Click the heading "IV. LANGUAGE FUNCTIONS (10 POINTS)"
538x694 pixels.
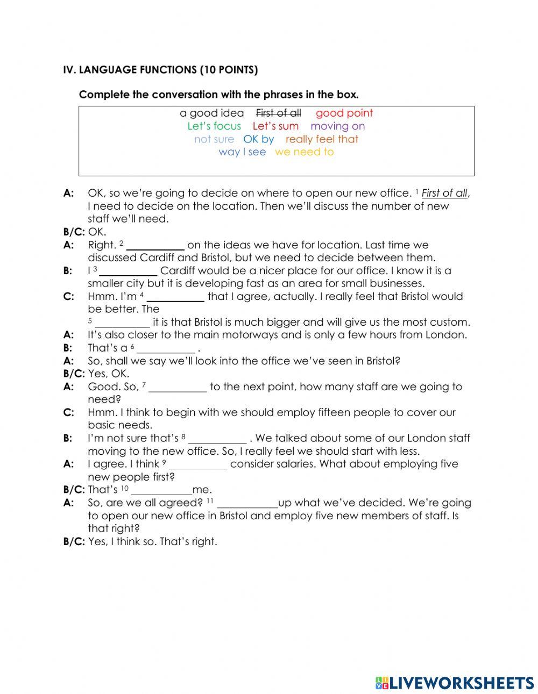point(160,70)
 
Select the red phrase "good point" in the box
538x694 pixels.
point(344,113)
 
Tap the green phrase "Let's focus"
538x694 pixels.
point(214,126)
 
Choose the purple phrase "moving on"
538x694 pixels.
point(337,126)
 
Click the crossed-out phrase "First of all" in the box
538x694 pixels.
point(278,113)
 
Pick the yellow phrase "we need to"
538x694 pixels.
point(304,152)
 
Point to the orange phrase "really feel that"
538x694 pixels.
point(322,139)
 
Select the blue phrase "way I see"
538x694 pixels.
point(242,152)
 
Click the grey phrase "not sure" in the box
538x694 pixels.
point(214,139)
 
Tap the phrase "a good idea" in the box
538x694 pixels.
point(211,113)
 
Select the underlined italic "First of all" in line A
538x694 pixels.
point(444,193)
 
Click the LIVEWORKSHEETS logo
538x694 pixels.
point(455,683)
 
